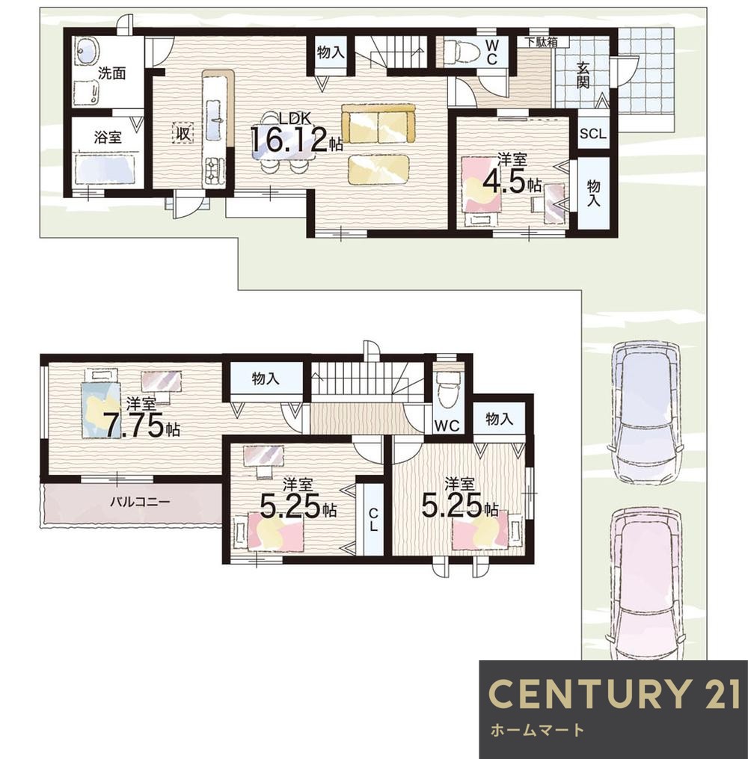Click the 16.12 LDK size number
(289, 141)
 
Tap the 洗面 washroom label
(112, 73)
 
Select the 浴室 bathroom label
(108, 138)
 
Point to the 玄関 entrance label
(583, 75)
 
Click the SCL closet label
(592, 134)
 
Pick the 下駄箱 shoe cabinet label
(542, 42)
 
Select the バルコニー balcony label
(140, 502)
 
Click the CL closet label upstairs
(373, 520)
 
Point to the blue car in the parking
(645, 412)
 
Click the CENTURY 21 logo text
(614, 692)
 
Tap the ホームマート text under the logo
(537, 730)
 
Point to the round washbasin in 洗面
(88, 51)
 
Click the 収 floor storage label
(183, 132)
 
